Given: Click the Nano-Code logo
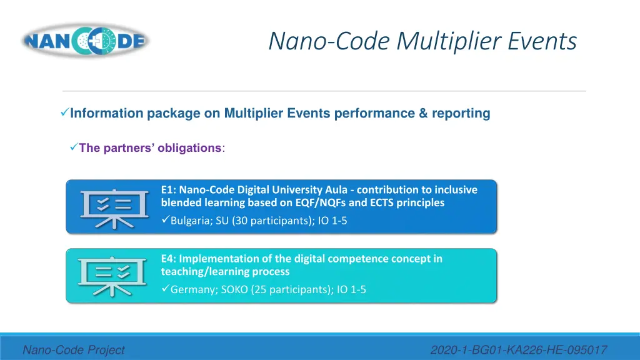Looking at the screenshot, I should [x=85, y=41].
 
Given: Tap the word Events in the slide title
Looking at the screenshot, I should [x=542, y=41].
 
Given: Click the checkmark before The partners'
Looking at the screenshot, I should [x=72, y=147].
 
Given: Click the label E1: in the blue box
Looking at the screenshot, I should [x=168, y=189].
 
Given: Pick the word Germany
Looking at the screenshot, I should [x=192, y=289].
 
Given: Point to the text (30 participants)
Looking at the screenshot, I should [x=271, y=220].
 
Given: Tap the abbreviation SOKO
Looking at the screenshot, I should [x=236, y=289].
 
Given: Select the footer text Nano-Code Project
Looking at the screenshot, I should [x=74, y=351].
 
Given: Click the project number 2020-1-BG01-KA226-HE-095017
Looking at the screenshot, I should [x=519, y=351].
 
